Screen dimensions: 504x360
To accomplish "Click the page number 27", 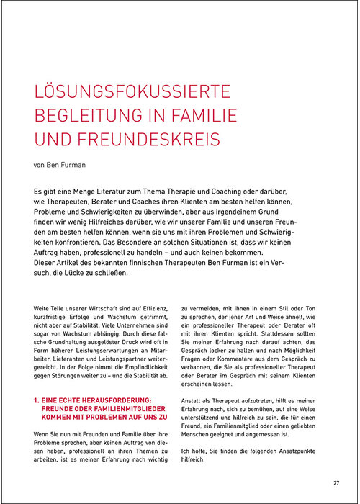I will pos(336,482).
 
